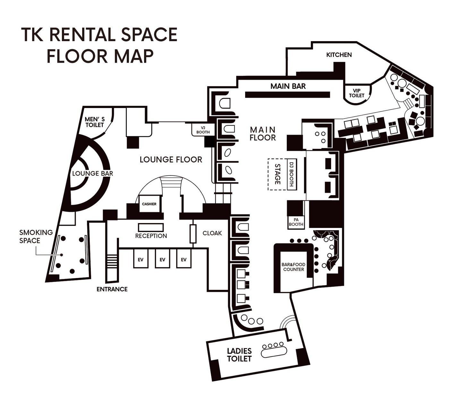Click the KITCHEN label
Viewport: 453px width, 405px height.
[339, 55]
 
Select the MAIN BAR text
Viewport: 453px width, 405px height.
[288, 86]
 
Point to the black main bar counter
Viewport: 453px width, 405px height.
[287, 95]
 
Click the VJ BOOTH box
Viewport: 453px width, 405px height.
[203, 130]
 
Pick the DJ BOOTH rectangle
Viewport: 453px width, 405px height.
[292, 175]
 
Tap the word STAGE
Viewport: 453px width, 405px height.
[278, 174]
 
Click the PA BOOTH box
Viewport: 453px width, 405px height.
[296, 222]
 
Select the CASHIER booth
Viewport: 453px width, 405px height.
[150, 203]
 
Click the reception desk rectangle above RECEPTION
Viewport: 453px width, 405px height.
[151, 227]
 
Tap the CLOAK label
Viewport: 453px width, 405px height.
[212, 233]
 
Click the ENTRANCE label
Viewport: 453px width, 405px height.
[112, 289]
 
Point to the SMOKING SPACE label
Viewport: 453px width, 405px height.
[36, 236]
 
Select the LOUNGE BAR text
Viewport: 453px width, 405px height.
[93, 173]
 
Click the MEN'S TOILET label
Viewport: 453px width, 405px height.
[95, 122]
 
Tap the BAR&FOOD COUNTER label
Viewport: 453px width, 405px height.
[293, 267]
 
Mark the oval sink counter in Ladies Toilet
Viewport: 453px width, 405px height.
[274, 352]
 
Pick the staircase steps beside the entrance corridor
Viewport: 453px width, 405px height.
[112, 261]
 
